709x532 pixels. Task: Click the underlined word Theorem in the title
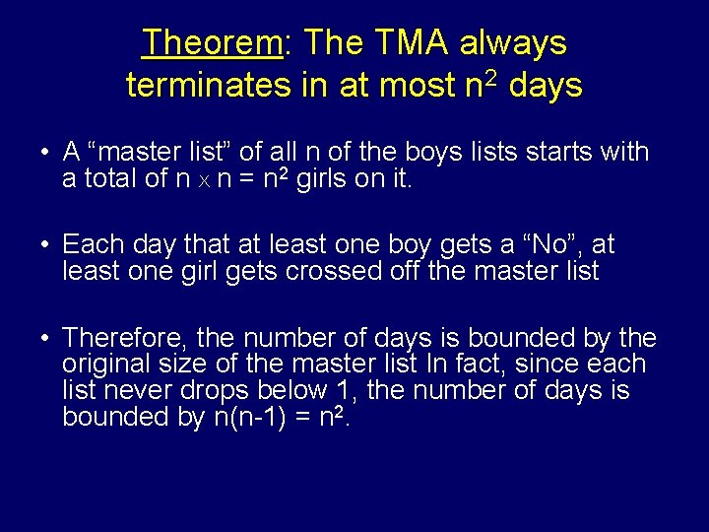point(212,42)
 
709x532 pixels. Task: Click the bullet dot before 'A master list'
point(46,153)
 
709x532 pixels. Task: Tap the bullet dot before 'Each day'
point(46,245)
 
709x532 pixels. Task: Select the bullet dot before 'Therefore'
point(46,338)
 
